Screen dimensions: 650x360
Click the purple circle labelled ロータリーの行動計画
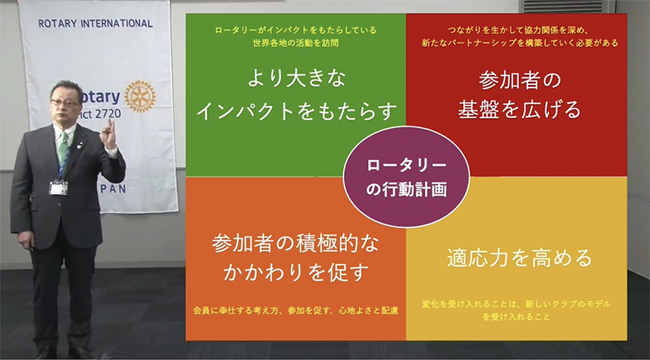tap(406, 177)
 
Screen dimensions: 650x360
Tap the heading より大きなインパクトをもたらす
tap(296, 95)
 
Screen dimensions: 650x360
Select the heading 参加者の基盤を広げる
tap(520, 95)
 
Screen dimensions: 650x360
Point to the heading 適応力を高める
tap(520, 258)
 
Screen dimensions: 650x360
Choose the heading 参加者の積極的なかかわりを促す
tap(295, 258)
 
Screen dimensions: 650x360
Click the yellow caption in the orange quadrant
tap(295, 310)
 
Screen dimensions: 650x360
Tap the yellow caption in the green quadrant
tap(295, 36)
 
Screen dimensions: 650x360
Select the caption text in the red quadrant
tap(520, 36)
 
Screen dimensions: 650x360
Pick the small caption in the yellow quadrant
tap(517, 310)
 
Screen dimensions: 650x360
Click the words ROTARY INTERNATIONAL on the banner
tap(95, 23)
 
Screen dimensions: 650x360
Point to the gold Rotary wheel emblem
tap(140, 96)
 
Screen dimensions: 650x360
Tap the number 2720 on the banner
tap(108, 114)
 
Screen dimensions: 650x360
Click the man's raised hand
tap(108, 133)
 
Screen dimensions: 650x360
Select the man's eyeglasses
tap(65, 102)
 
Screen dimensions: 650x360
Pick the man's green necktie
tap(63, 149)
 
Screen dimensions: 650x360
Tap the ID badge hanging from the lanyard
tap(58, 188)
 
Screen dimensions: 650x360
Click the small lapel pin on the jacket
tap(80, 146)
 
